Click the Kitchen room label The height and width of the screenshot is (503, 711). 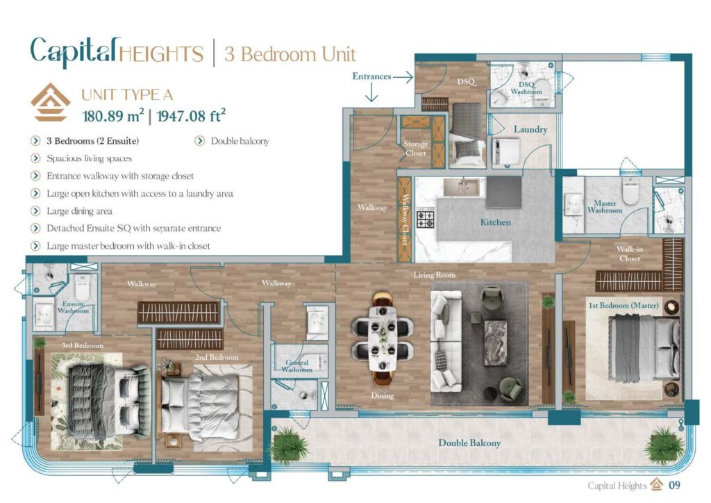496,222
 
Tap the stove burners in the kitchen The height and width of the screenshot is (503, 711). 425,220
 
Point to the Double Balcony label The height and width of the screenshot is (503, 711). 469,443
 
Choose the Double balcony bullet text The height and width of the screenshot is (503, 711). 240,141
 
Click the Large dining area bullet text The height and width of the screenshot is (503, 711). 79,211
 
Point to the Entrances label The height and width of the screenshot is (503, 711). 371,76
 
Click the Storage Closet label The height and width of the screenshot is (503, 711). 415,149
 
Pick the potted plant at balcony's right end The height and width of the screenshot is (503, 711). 664,444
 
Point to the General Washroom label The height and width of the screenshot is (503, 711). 296,366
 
